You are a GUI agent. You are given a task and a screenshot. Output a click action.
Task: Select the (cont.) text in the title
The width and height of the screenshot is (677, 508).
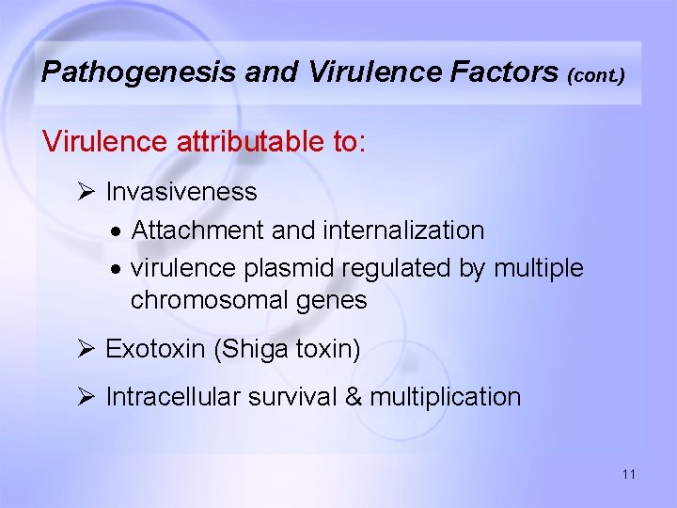(x=596, y=74)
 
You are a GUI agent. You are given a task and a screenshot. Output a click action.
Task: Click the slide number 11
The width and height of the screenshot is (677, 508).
(x=628, y=474)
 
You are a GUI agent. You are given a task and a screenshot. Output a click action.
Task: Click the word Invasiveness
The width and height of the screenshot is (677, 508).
(x=181, y=192)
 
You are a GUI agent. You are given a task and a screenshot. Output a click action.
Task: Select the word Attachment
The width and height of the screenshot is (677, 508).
(x=197, y=230)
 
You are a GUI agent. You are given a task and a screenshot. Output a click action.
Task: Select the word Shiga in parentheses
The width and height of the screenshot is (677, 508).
(x=253, y=350)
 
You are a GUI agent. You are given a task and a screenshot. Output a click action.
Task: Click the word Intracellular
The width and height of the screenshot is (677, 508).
(x=173, y=397)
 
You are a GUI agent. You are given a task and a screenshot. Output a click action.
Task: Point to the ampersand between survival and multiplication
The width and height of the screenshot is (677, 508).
(x=354, y=397)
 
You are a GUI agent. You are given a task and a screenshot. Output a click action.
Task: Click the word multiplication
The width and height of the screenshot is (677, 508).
(x=445, y=397)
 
